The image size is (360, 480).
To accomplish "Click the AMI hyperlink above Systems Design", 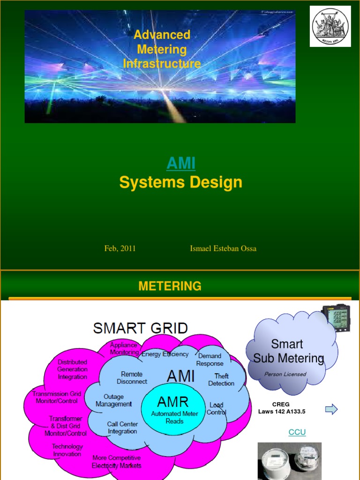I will pyautogui.click(x=181, y=164).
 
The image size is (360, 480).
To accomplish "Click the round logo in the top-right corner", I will pyautogui.click(x=330, y=26).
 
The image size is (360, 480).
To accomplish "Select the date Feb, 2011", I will pyautogui.click(x=120, y=248).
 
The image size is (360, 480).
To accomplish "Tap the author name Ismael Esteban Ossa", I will pyautogui.click(x=223, y=248).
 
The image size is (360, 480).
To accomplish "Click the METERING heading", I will pyautogui.click(x=170, y=286).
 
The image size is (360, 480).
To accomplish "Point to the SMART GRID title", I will pyautogui.click(x=141, y=328).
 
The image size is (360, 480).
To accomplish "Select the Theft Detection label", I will pyautogui.click(x=221, y=380).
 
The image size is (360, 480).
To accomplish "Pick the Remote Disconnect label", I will pyautogui.click(x=132, y=378).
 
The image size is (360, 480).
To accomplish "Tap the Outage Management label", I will pyautogui.click(x=114, y=400).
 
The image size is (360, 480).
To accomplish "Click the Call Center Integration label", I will pyautogui.click(x=122, y=427).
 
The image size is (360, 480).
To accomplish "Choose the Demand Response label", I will pyautogui.click(x=210, y=360).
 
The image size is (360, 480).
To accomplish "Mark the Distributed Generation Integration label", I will pyautogui.click(x=73, y=369).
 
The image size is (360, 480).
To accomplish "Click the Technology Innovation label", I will pyautogui.click(x=67, y=450).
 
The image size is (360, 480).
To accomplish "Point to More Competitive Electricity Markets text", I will pyautogui.click(x=117, y=462).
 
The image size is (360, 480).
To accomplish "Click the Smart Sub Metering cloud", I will pyautogui.click(x=288, y=352).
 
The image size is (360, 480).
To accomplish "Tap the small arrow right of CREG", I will pyautogui.click(x=331, y=410).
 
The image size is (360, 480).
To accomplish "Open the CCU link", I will pyautogui.click(x=297, y=432).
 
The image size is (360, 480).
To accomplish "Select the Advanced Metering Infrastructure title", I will pyautogui.click(x=162, y=49).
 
